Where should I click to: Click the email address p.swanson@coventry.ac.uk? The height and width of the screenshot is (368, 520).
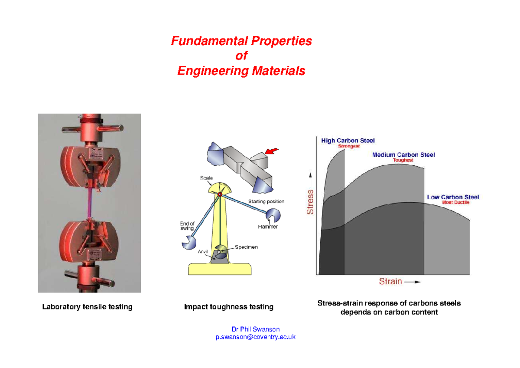coord(255,337)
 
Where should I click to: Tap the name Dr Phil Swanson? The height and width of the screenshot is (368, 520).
coord(256,329)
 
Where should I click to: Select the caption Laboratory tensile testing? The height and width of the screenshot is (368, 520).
coord(87,307)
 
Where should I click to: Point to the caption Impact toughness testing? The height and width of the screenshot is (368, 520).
coord(228,307)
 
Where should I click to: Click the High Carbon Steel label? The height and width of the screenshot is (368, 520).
coord(348,140)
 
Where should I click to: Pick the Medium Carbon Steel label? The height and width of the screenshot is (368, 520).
coord(403,154)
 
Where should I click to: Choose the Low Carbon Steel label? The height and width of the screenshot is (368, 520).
coord(453,197)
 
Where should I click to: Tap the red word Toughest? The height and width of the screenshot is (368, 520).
coord(403,160)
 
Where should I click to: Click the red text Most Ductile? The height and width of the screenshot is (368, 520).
coord(455,202)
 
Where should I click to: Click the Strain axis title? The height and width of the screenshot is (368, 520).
coord(390,281)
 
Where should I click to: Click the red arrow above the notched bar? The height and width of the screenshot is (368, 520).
coord(272,151)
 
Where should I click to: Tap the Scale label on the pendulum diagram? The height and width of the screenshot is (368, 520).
coord(206,178)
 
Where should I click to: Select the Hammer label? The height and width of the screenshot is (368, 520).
coord(268,227)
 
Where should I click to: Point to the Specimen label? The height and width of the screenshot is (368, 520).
coord(246,247)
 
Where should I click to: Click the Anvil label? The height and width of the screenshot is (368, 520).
coord(203,251)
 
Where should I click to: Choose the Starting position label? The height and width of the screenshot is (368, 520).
coord(266,201)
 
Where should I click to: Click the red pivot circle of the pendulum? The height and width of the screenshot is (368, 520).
coord(220,195)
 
